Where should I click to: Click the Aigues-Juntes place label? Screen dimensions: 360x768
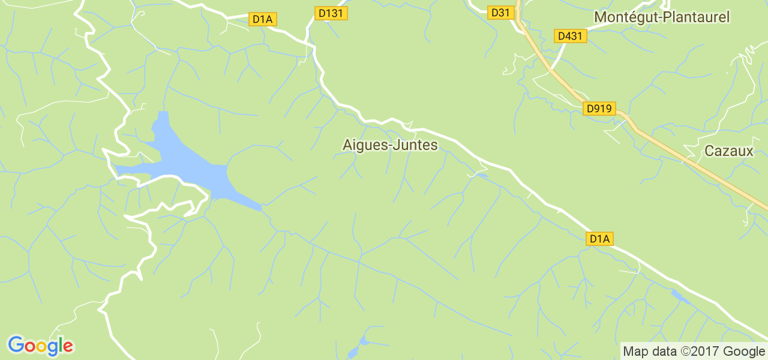tap(390, 145)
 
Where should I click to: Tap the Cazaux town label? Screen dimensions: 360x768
tap(728, 151)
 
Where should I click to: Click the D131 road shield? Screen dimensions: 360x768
tap(331, 13)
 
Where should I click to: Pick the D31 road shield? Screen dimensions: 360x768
tap(500, 13)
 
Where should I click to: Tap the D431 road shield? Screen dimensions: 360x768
tap(570, 36)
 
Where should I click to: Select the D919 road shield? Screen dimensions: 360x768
tap(599, 109)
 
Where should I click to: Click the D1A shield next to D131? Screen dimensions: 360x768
tap(262, 19)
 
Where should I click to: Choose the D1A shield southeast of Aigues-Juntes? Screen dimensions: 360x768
tap(599, 239)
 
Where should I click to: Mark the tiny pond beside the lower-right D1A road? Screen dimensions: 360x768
tap(680, 296)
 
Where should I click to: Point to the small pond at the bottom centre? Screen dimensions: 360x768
tap(362, 343)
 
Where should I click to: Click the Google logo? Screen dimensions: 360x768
tap(40, 346)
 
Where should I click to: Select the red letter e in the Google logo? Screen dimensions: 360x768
tap(68, 347)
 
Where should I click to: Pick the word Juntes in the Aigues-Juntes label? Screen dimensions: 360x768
tap(416, 145)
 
